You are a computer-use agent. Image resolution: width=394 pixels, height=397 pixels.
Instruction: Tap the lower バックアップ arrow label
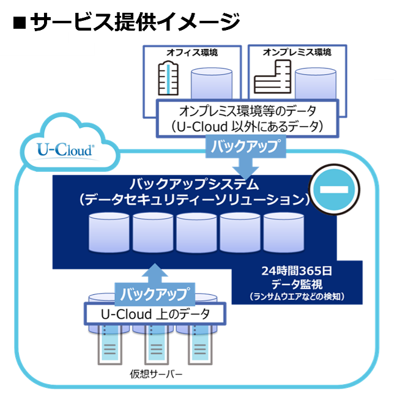pos(154,293)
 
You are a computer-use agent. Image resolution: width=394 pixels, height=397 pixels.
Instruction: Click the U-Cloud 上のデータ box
pos(154,314)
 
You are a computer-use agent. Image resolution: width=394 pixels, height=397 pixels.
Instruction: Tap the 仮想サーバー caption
pos(155,374)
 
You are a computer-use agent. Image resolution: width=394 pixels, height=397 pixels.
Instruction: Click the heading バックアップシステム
pos(195,184)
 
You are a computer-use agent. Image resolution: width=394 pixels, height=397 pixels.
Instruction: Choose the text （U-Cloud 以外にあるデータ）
pos(247,127)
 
